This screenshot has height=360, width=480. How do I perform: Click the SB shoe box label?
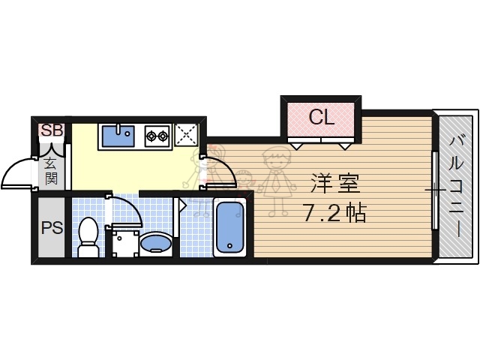pos(52,130)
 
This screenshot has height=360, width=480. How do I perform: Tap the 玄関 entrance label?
pos(51,170)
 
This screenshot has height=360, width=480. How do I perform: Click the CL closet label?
pos(321,117)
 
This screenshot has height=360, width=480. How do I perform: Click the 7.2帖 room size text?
pos(335,213)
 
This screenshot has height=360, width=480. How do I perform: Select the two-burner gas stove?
pos(157,136)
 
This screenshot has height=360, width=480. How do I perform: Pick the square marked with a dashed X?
pos(185,135)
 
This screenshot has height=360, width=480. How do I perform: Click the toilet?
pos(88,235)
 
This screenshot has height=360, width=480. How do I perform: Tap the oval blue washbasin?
pos(156,242)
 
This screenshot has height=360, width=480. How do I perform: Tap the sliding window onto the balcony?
pos(435,190)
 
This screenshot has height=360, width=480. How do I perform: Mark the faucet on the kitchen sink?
pos(116,128)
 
